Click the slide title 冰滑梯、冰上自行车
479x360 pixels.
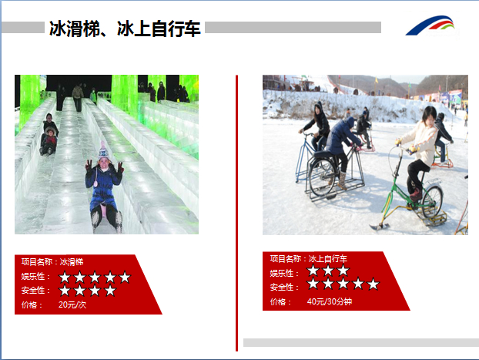click(125, 29)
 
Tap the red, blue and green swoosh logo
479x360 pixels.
click(430, 26)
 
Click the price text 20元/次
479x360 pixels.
click(72, 304)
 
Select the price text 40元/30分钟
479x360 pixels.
click(330, 301)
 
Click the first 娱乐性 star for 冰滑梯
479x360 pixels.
click(65, 277)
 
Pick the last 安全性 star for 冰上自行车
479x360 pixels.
click(373, 284)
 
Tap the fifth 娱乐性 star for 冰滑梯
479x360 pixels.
click(125, 277)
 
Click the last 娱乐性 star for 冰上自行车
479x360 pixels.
click(343, 271)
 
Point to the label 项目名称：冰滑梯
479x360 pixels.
click(52, 262)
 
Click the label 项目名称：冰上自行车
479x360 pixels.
click(309, 259)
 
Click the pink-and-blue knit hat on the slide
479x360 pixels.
click(103, 151)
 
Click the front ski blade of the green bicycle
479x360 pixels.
click(379, 227)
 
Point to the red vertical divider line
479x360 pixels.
click(236, 213)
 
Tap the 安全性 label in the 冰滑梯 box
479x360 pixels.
click(35, 291)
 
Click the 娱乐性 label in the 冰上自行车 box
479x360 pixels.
click(284, 273)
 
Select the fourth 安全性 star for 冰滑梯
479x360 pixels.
click(110, 291)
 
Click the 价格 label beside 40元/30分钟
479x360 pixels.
click(280, 302)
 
